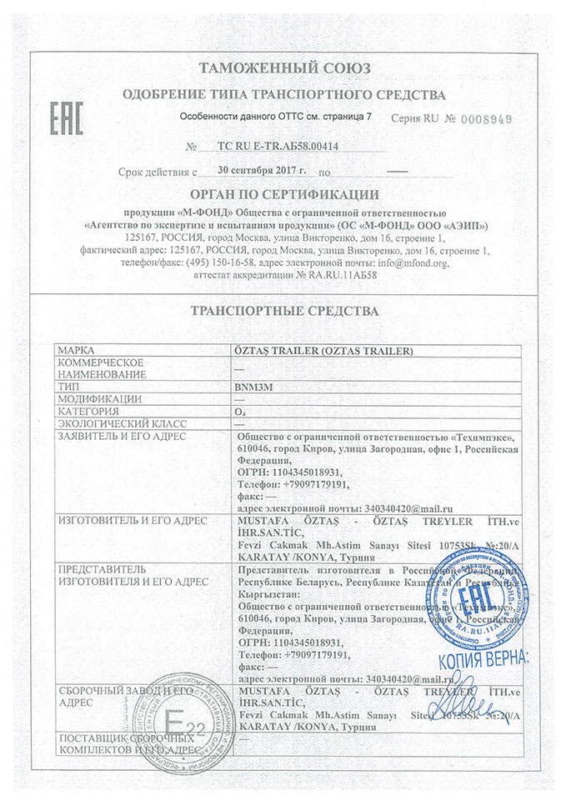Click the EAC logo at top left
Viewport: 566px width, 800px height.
click(68, 120)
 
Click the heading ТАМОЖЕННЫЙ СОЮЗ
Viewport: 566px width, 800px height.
click(283, 68)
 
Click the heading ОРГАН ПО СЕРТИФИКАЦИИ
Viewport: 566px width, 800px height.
click(283, 195)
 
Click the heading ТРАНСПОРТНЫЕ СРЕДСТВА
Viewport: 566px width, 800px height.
click(283, 311)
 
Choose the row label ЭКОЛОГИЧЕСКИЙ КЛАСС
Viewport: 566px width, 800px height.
click(108, 423)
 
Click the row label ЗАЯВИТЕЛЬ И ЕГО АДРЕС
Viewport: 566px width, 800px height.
click(122, 436)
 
